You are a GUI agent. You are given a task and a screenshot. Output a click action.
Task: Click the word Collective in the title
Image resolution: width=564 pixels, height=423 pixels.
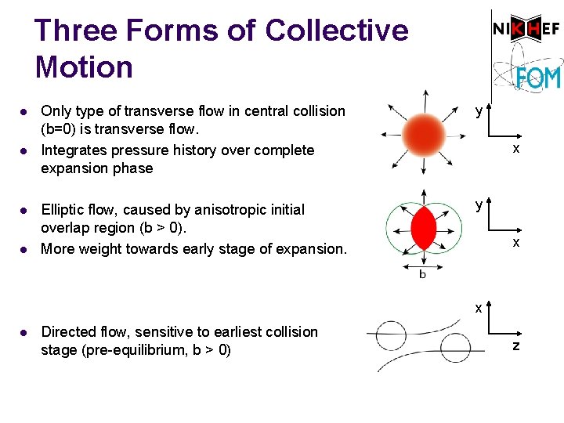[x=337, y=31]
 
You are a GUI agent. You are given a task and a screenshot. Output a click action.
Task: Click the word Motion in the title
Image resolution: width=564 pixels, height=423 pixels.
[x=84, y=67]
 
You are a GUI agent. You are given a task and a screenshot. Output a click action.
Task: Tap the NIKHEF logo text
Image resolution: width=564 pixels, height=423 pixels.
[x=526, y=30]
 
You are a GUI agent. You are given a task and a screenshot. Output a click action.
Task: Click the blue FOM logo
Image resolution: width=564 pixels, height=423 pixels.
[x=538, y=78]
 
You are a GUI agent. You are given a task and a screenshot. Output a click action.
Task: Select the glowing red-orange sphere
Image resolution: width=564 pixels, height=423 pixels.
[x=424, y=132]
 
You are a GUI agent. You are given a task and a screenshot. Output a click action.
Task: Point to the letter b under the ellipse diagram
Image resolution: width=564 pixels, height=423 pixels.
[x=423, y=274]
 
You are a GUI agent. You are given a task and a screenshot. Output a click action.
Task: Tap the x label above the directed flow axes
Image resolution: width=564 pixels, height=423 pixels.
[x=479, y=308]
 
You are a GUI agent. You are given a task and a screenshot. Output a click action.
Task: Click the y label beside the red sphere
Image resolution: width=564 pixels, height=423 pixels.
[x=479, y=112]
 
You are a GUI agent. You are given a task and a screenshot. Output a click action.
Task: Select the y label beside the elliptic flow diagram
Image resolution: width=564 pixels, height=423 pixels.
[x=479, y=205]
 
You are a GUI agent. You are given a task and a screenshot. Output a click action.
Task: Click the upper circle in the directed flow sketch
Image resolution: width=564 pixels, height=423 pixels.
[x=392, y=334]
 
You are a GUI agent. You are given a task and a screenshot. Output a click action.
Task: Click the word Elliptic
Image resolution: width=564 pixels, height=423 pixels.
[x=62, y=210]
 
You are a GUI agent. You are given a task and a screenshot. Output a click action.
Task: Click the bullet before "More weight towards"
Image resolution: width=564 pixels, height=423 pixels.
[x=24, y=249]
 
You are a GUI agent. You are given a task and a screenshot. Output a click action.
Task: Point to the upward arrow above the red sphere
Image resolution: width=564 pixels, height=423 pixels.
[x=424, y=99]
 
